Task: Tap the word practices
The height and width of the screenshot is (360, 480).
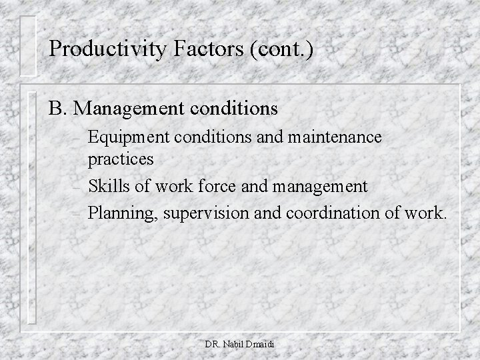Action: point(121,160)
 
